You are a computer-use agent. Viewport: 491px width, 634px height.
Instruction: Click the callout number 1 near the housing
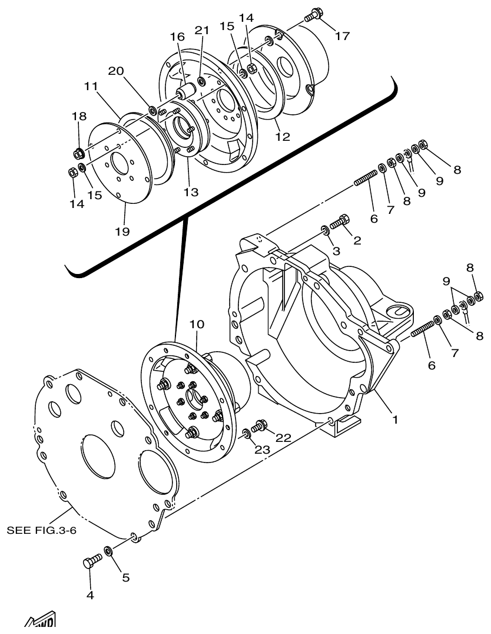(x=395, y=420)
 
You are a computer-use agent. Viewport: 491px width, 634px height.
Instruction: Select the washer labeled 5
(x=109, y=552)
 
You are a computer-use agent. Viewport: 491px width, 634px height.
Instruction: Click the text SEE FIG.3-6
(x=42, y=530)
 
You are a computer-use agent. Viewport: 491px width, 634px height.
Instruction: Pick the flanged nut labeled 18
(x=78, y=154)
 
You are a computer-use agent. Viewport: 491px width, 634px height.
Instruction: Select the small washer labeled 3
(x=324, y=229)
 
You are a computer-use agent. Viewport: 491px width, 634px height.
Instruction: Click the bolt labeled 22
(x=259, y=425)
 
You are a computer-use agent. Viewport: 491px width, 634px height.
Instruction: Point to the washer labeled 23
(x=245, y=435)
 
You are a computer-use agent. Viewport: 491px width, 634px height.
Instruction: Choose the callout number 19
(x=122, y=231)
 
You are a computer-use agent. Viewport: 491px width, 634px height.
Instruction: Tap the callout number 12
(x=283, y=137)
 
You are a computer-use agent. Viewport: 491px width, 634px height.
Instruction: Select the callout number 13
(x=190, y=191)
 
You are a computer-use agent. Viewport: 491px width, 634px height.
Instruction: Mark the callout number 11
(x=90, y=86)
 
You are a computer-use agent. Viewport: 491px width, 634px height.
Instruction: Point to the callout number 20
(x=115, y=71)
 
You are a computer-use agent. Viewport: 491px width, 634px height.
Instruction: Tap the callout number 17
(x=342, y=36)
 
